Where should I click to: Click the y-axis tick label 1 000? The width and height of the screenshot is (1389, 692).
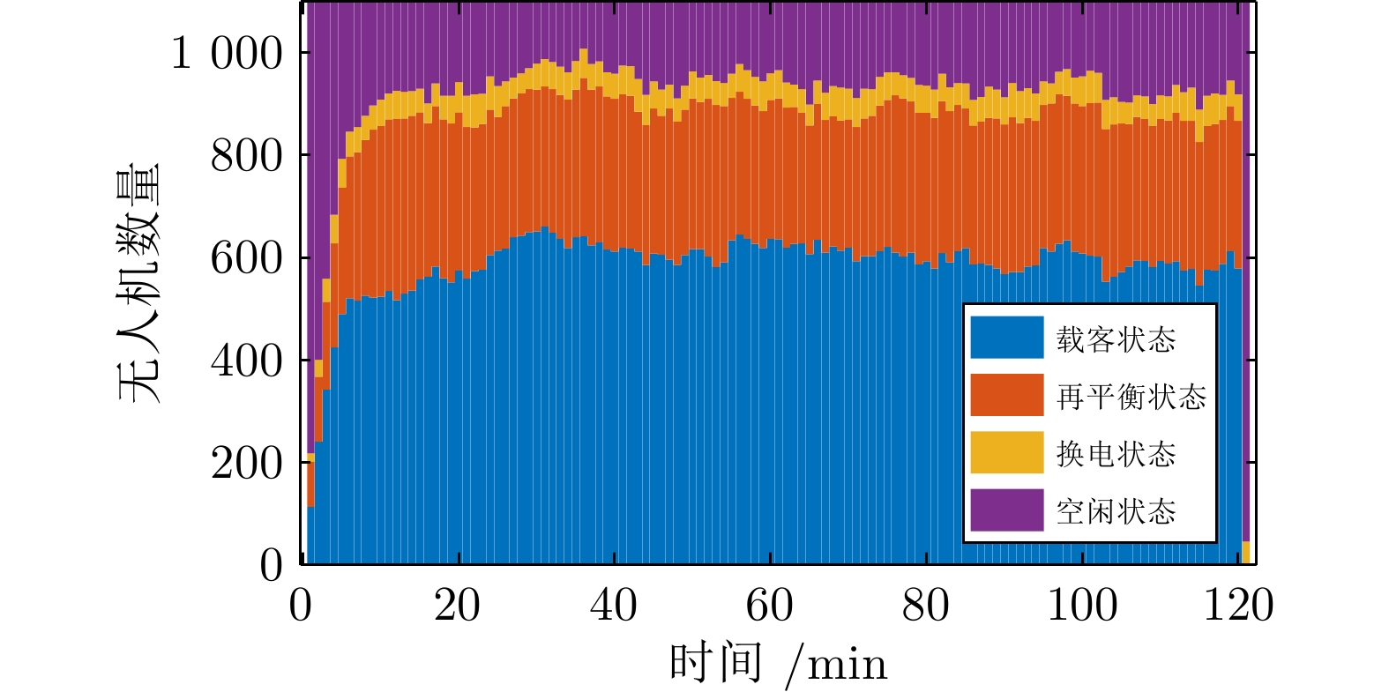[x=227, y=53]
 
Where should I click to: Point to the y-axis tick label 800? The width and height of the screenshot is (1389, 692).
[x=247, y=156]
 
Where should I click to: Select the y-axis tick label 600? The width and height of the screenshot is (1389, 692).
[x=247, y=258]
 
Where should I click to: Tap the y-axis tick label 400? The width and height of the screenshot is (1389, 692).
[x=247, y=361]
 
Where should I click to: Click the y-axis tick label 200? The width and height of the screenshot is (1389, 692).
[x=247, y=463]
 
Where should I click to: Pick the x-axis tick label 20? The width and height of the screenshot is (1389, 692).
[x=458, y=606]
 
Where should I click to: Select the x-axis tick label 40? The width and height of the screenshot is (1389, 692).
[x=614, y=606]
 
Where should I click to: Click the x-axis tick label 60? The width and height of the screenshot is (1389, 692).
[x=770, y=606]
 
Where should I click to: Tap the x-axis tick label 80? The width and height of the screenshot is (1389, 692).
[x=926, y=606]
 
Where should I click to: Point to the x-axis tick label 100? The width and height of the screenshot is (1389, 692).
[x=1082, y=606]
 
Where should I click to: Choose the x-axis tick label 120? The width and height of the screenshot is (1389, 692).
[x=1238, y=606]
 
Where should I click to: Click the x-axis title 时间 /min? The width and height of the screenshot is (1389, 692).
[x=778, y=663]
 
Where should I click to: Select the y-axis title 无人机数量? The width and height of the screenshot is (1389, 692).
[x=139, y=283]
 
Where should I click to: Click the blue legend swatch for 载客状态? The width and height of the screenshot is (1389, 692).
[x=1006, y=339]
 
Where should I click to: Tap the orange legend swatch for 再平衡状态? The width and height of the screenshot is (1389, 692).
[x=1006, y=396]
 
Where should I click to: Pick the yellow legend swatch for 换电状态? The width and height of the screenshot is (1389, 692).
[x=1006, y=453]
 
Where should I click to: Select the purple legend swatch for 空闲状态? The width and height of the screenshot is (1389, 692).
[x=1006, y=510]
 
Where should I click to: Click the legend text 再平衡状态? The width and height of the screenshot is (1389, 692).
[x=1131, y=397]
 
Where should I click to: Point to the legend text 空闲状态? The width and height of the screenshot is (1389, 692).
[x=1116, y=511]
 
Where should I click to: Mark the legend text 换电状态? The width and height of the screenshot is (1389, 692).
[x=1116, y=454]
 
